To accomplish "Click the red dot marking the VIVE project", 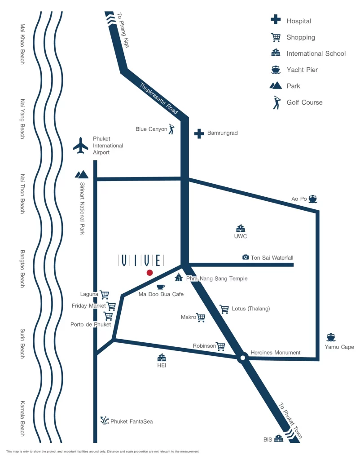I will coord(149,273).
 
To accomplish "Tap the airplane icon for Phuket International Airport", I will coord(81,146).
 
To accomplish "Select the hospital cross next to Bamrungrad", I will coord(199,133).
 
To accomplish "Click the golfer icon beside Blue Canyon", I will coord(171,129).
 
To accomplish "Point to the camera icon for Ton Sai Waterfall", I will coord(246,257).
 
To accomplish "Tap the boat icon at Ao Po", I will coord(313,199).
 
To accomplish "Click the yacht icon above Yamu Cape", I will coord(331,337).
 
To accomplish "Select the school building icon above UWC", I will coord(241,228).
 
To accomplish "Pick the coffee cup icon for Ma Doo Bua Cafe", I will coord(161,287).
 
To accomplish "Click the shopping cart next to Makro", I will coord(201,318).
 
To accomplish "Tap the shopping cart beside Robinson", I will coord(221,346).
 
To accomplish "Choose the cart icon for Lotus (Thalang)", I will coord(224,309).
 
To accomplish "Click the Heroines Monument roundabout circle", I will coord(242,358).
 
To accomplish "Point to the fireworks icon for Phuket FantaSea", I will coord(105,421).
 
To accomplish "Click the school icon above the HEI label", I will coord(162,358).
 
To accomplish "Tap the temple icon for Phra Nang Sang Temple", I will coord(179,278).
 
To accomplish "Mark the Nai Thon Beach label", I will coord(22,194).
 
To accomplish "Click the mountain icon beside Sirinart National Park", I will coord(82,173).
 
